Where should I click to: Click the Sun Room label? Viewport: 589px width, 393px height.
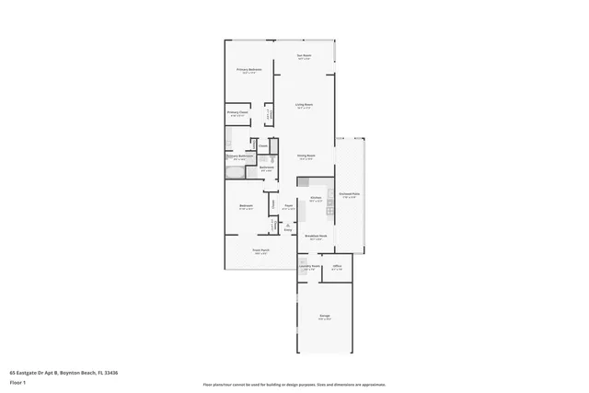click(303, 56)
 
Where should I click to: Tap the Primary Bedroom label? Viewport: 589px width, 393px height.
click(249, 70)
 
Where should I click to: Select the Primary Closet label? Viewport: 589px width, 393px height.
click(237, 113)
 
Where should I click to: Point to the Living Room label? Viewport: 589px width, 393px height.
click(303, 106)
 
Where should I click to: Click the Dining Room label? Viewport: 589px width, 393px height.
click(306, 156)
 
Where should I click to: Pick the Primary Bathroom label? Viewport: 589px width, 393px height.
click(240, 156)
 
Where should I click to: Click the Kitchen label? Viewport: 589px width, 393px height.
click(315, 198)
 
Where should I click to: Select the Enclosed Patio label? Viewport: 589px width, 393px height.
click(349, 194)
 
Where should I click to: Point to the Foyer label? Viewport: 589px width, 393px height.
click(288, 206)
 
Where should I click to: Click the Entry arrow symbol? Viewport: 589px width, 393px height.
click(288, 226)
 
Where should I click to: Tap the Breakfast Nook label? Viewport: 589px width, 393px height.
click(314, 237)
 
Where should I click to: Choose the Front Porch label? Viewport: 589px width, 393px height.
click(261, 250)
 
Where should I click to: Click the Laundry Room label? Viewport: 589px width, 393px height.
click(308, 268)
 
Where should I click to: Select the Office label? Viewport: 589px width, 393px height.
click(337, 268)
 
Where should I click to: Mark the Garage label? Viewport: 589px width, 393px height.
click(325, 316)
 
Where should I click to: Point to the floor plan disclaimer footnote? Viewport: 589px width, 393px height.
click(294, 385)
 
